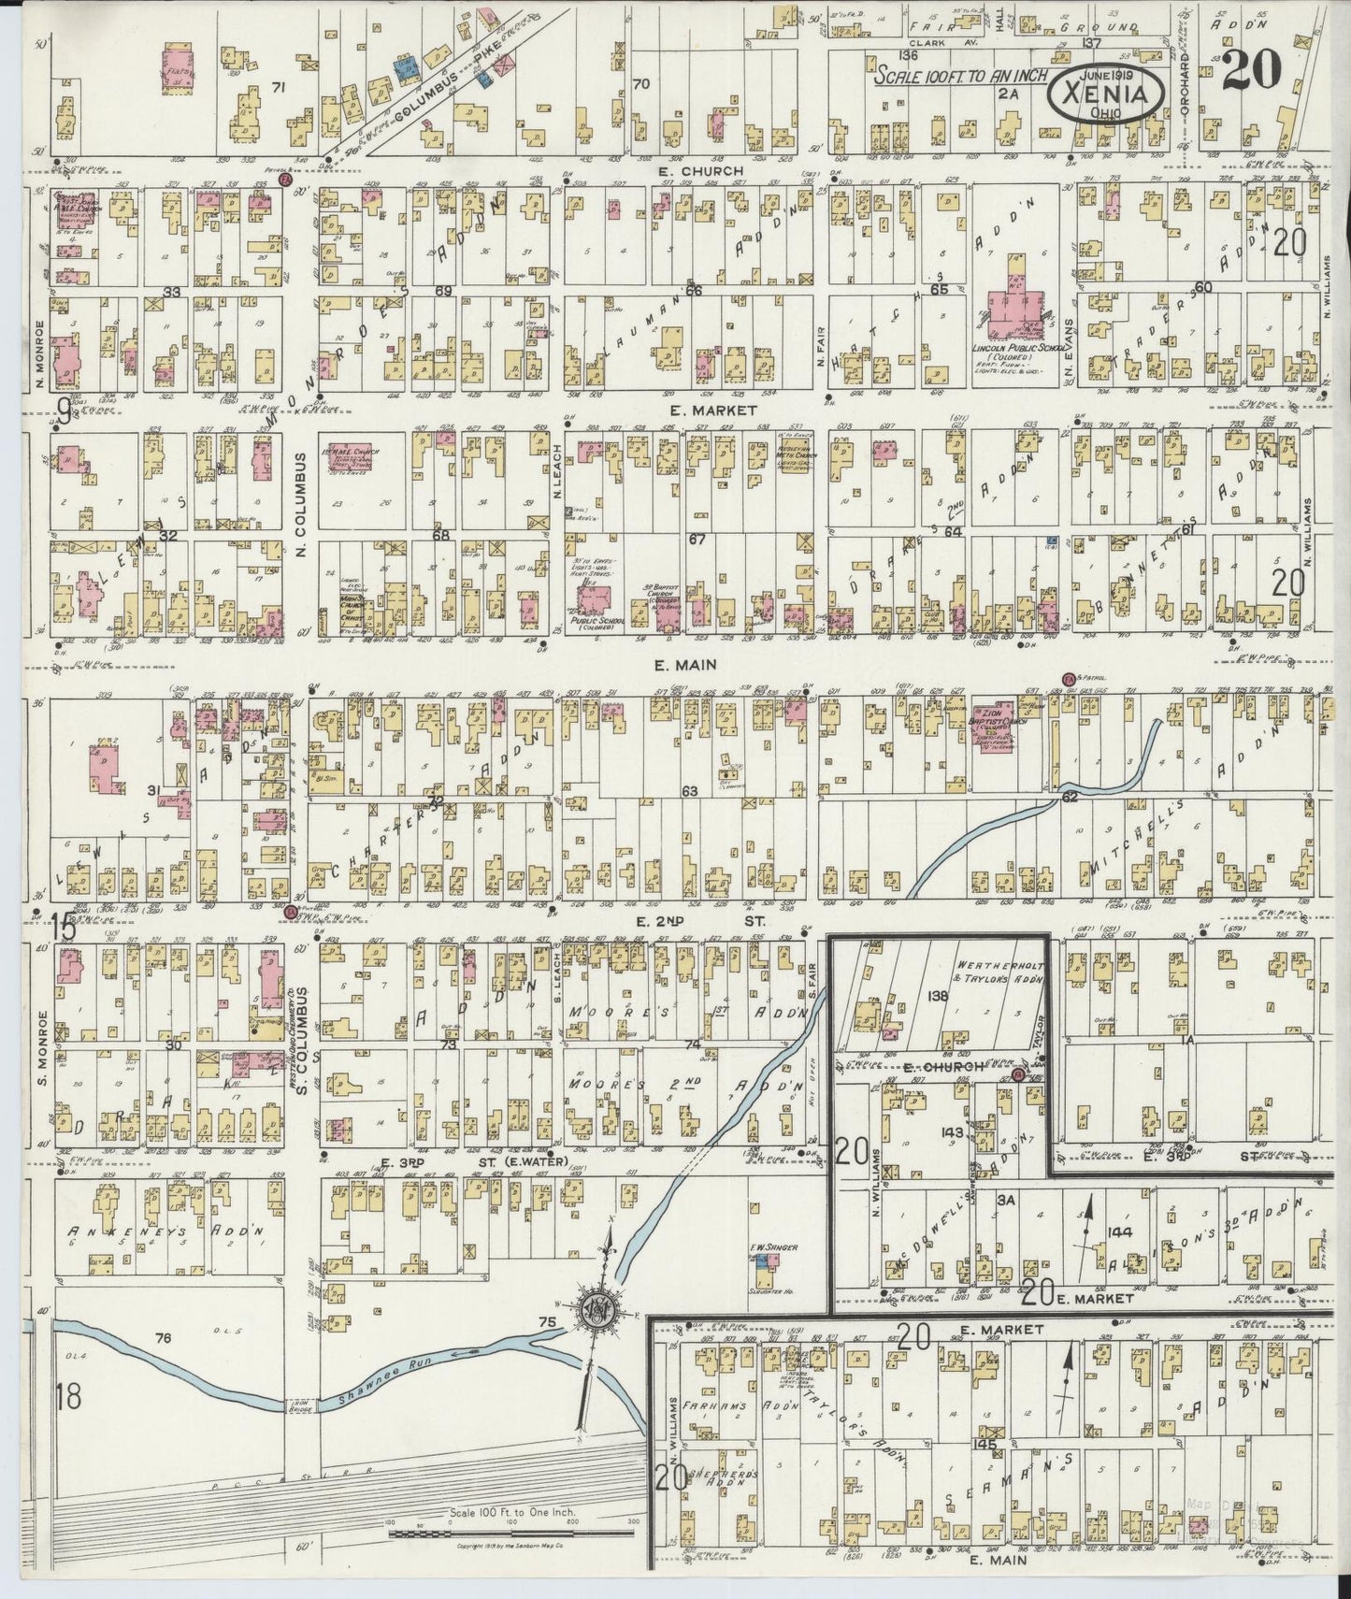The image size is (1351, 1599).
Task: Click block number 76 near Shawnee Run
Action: point(164,1338)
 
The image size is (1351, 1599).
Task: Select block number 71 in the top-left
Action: point(277,87)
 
